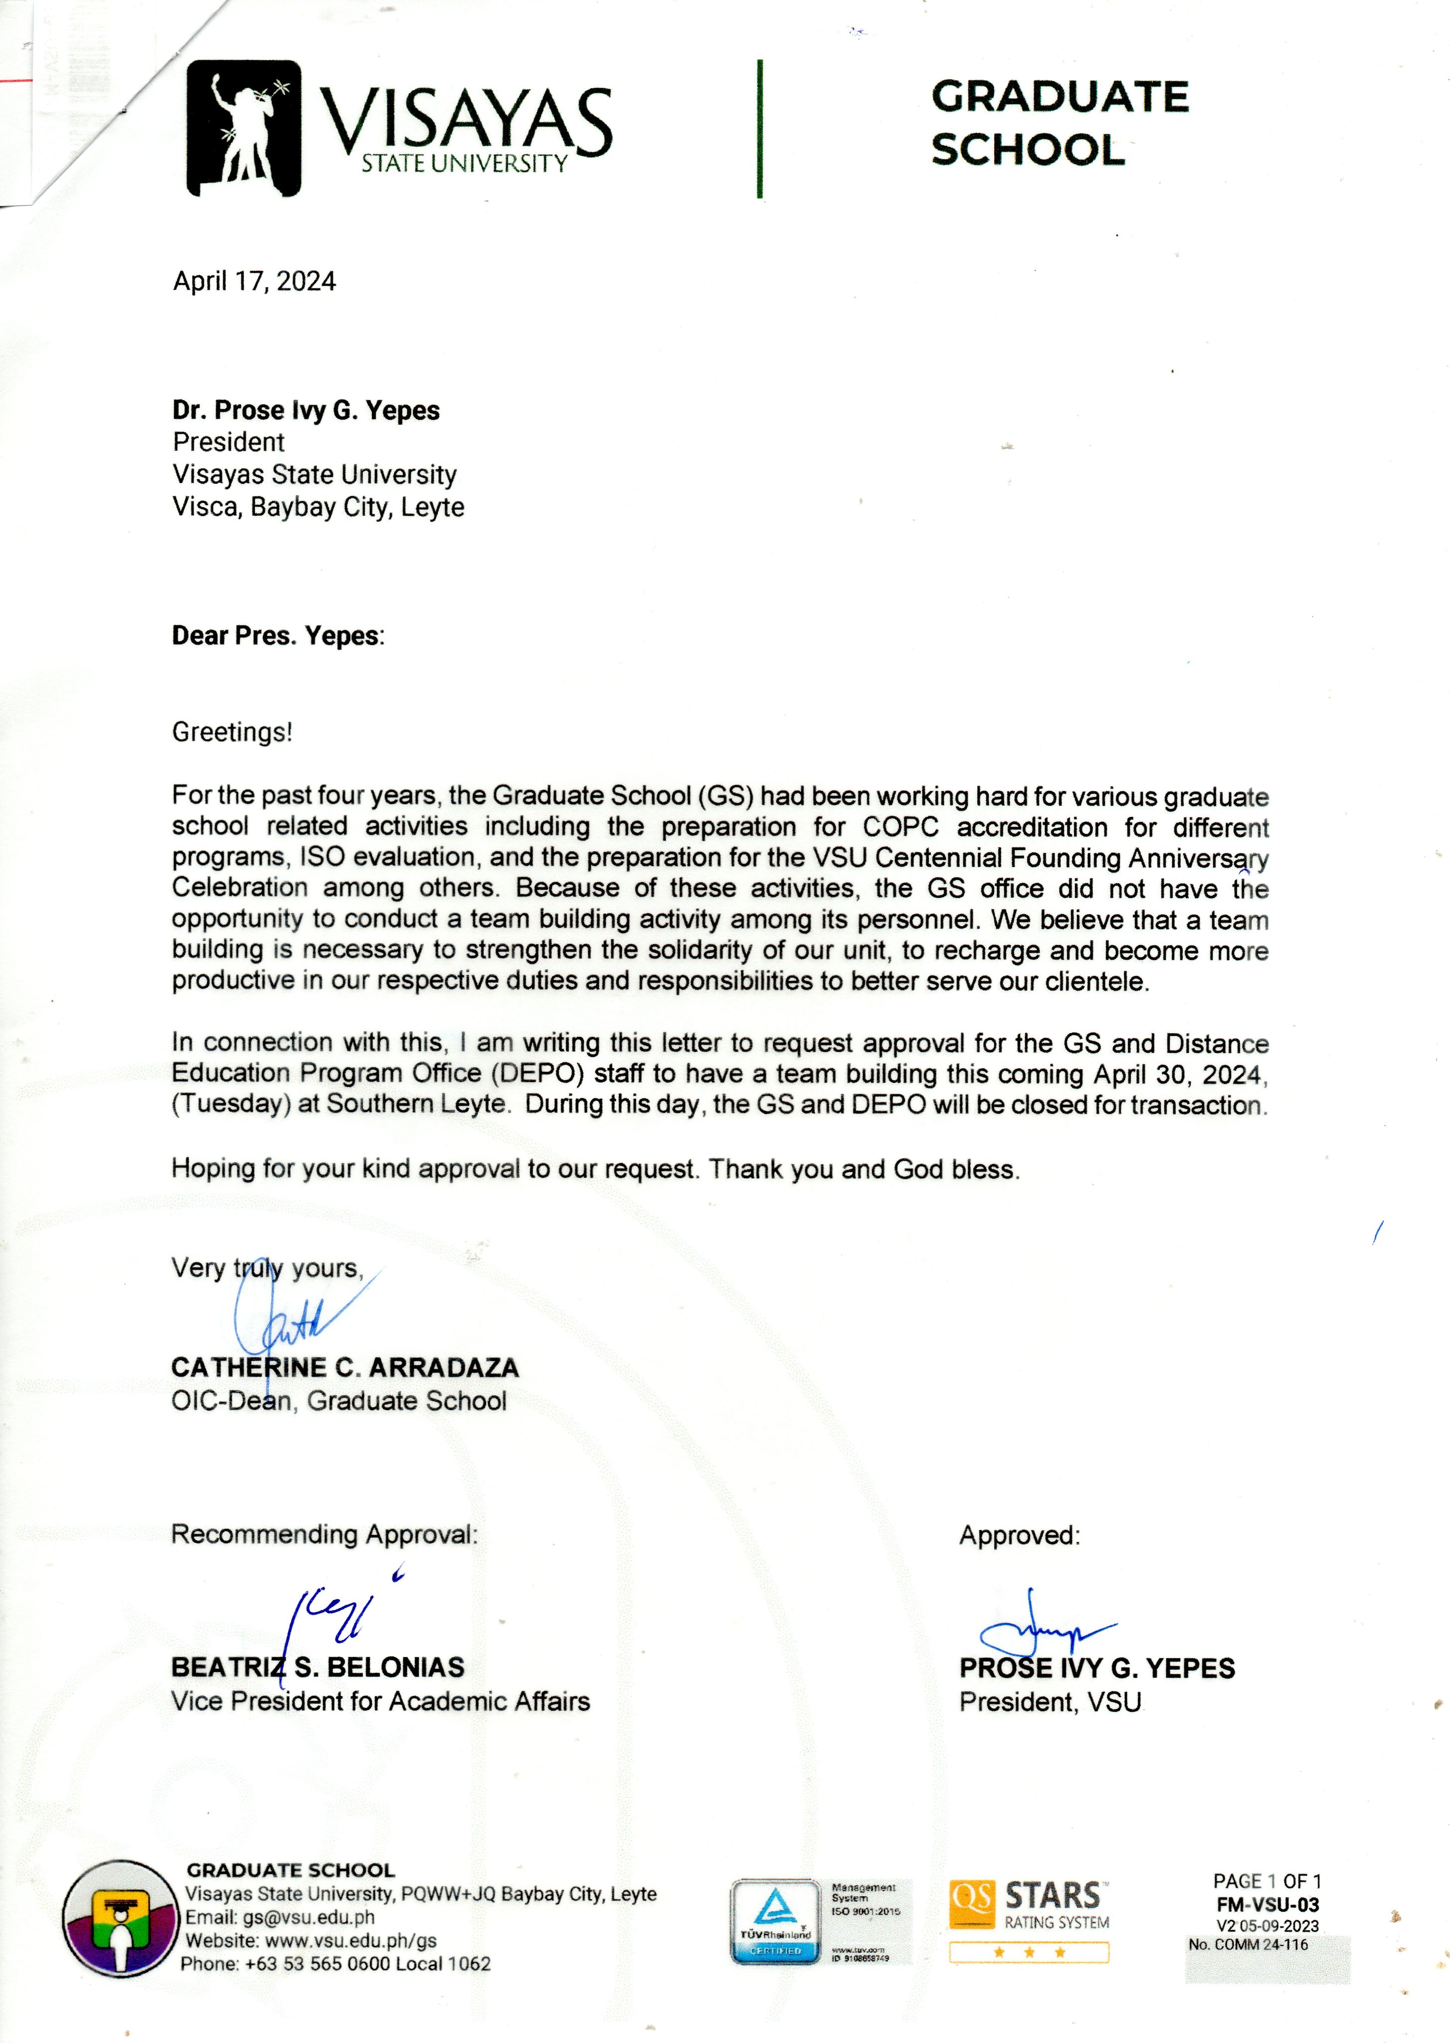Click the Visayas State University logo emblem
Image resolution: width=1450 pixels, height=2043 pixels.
coord(243,128)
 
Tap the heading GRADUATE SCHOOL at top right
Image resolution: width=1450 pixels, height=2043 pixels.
coord(1060,123)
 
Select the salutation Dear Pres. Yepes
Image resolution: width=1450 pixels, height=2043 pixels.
coord(278,636)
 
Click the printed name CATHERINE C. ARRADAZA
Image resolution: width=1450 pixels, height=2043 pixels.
coord(345,1367)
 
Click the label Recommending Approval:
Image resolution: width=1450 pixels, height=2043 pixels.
coord(324,1534)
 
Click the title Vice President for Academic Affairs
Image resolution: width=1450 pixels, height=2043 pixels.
coord(380,1701)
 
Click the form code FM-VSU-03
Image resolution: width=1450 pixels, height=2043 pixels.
coord(1267,1905)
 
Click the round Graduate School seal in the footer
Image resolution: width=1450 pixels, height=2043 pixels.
coord(119,1917)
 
